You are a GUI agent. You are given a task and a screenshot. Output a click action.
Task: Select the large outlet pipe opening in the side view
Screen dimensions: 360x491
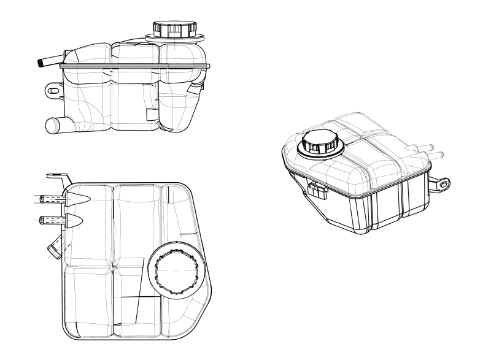tap(52, 126)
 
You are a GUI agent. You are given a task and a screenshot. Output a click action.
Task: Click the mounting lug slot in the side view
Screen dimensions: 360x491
tap(52, 91)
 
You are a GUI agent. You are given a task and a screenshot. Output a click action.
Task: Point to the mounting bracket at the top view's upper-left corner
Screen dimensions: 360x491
tap(58, 178)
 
